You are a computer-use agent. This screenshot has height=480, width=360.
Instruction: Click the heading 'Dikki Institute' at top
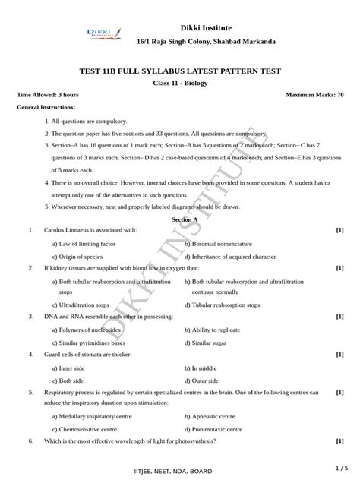pos(206,27)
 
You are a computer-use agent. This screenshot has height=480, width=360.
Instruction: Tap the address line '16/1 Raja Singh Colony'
pos(206,41)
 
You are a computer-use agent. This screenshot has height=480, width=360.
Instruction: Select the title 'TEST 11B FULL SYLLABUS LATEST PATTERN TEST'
pos(180,71)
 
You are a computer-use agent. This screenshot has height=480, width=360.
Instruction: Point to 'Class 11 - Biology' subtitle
pos(180,83)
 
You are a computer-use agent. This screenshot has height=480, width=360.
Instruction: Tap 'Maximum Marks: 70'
pos(314,96)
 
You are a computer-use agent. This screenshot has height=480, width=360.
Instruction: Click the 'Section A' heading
pos(185,219)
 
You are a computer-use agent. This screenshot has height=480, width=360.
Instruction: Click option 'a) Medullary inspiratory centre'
pos(93,416)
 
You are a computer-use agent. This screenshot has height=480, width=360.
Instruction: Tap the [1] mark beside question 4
pos(339,355)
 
